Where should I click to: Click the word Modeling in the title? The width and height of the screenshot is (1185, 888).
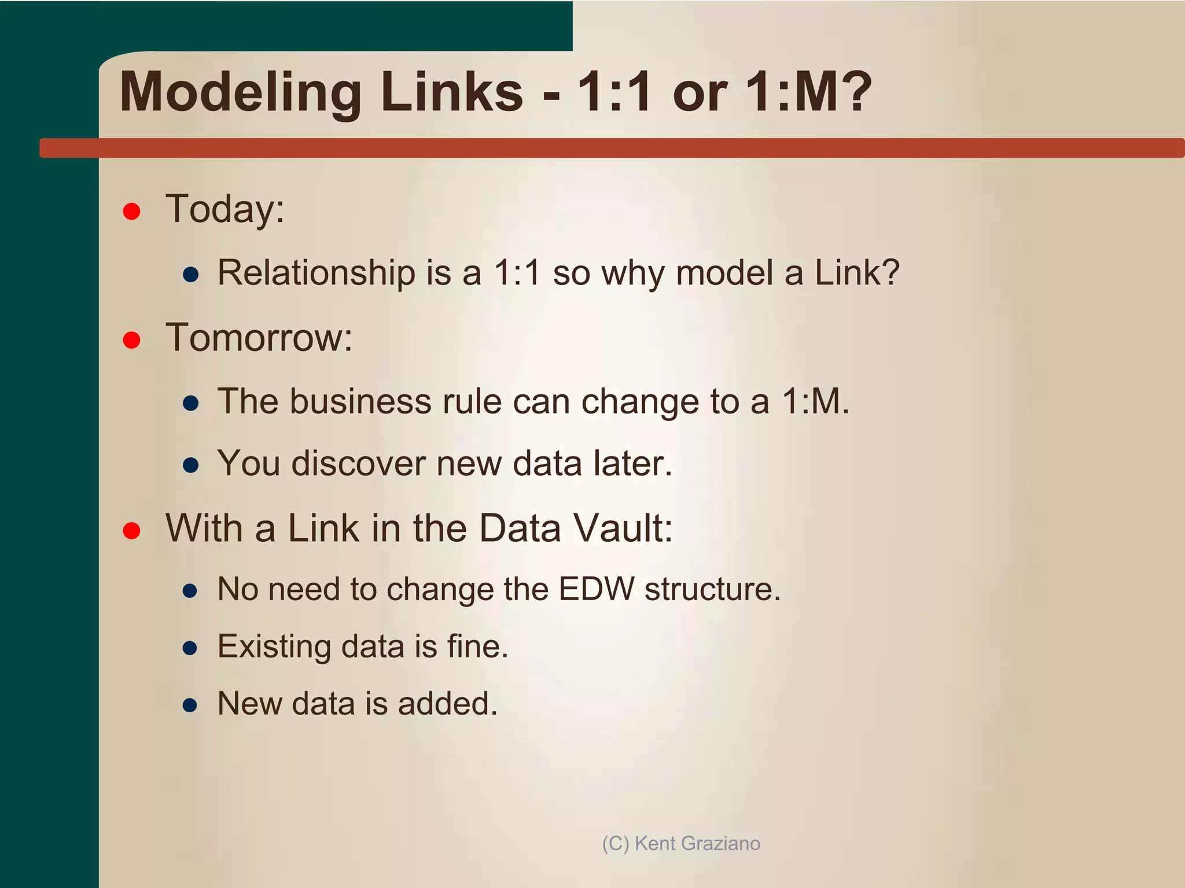point(240,92)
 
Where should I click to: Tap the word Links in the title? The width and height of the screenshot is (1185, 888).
point(451,92)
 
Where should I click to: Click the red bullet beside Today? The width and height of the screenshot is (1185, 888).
point(132,212)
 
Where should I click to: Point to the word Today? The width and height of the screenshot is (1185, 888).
point(225,209)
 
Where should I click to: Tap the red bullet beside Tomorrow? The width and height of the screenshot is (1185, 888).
point(132,340)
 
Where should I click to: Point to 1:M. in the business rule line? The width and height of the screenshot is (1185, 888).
point(815,401)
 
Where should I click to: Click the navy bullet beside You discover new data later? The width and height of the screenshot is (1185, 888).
point(190,465)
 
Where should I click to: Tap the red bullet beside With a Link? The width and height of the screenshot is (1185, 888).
point(132,531)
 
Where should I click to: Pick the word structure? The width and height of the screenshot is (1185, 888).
point(712,589)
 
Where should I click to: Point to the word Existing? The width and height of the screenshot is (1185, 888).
point(274,646)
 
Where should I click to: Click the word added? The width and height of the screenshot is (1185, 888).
point(447,704)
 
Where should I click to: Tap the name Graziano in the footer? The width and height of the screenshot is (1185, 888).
point(721,843)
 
